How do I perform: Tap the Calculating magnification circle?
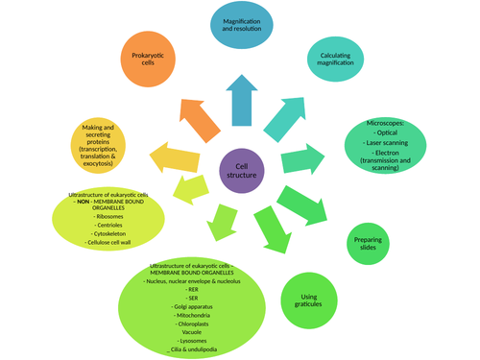tap(343, 60)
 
